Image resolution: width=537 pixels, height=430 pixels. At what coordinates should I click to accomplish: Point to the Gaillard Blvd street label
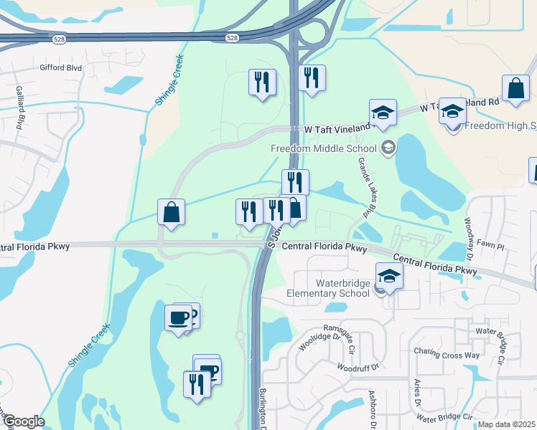tap(21, 104)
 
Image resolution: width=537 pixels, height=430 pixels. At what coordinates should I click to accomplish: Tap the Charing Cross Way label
tap(446, 353)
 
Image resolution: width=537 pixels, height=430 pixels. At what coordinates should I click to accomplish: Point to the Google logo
tap(23, 421)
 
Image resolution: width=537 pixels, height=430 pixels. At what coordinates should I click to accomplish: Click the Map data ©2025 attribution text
tap(507, 424)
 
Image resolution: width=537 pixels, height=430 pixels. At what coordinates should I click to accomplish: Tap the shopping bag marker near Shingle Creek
tap(172, 212)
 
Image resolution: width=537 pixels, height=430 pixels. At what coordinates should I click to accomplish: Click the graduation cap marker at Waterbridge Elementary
tap(389, 276)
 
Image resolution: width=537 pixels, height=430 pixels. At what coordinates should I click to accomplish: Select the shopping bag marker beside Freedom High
tap(515, 89)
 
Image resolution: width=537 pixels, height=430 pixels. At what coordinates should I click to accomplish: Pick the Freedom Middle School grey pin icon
tap(388, 148)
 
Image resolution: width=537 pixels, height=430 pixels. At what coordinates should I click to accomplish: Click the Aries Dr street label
tap(416, 400)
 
